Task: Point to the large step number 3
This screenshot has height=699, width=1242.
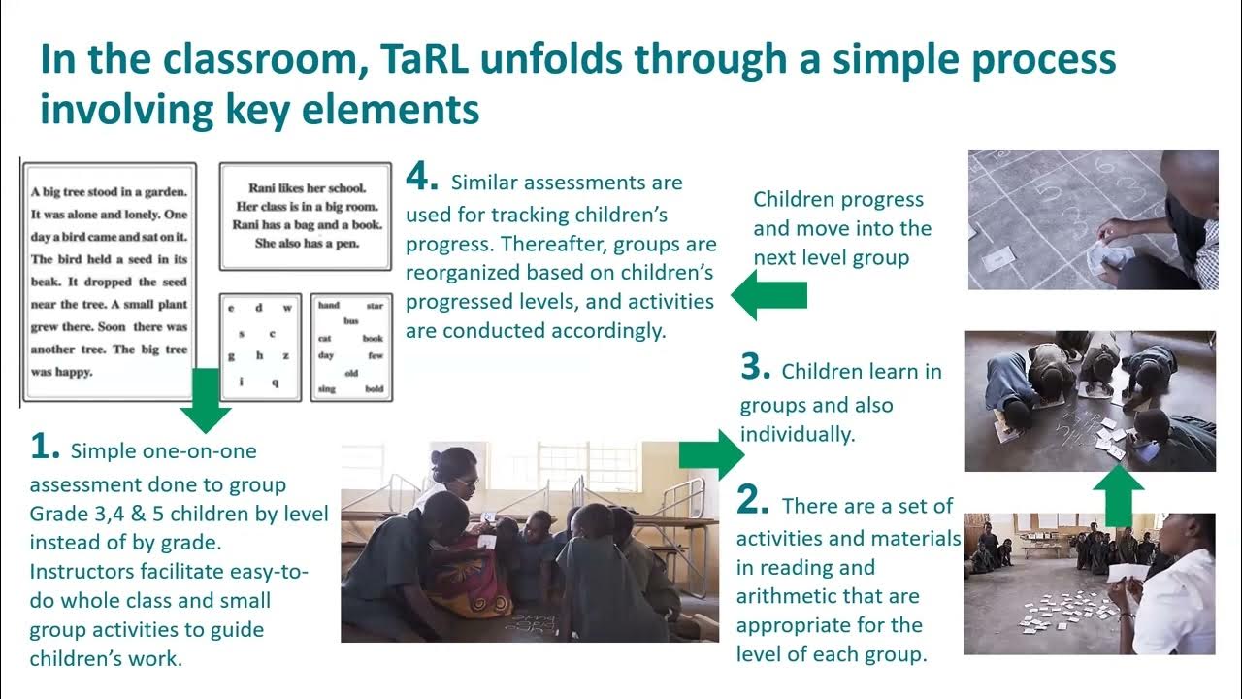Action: [754, 367]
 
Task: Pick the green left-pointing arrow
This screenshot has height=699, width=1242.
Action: [768, 296]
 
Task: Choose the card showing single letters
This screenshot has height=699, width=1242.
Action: [260, 347]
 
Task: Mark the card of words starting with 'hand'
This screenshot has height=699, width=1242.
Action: [351, 347]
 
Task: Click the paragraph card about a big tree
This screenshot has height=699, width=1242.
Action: [110, 282]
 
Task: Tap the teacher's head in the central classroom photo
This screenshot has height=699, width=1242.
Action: [454, 469]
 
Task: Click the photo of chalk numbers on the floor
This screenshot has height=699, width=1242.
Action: [1093, 219]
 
